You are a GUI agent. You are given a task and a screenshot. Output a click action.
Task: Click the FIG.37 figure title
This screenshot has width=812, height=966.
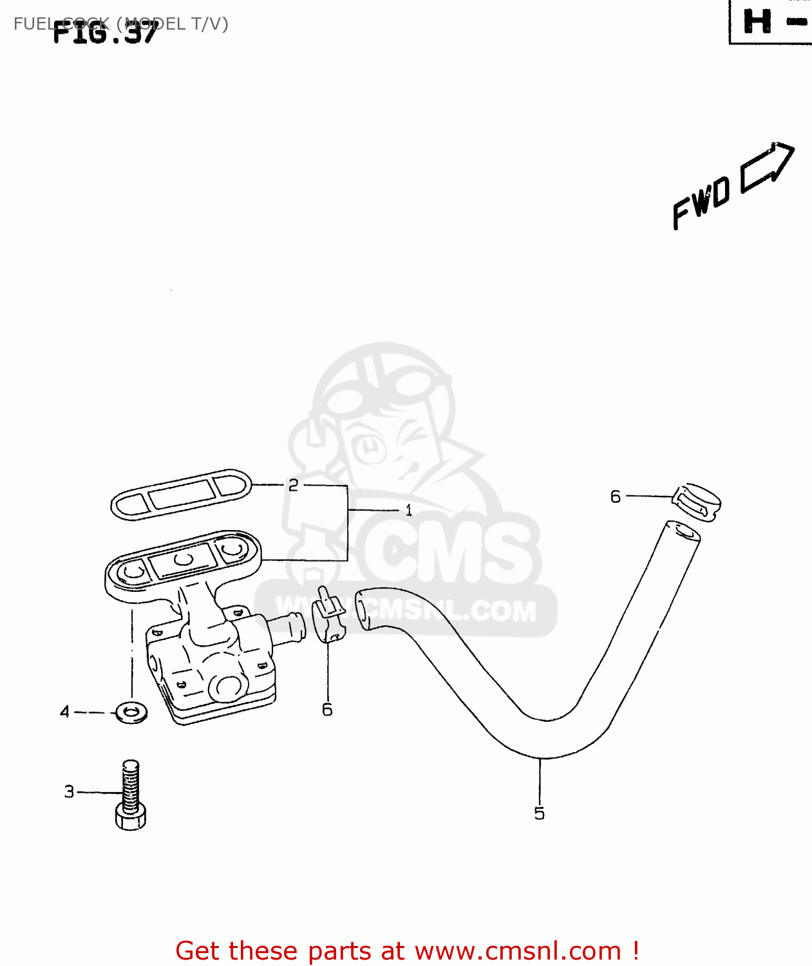click(104, 32)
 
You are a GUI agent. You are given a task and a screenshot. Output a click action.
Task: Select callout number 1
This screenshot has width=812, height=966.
click(408, 511)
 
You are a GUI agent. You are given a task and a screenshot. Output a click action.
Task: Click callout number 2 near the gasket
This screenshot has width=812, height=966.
click(293, 485)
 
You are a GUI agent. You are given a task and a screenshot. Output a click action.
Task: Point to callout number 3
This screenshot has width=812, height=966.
click(70, 791)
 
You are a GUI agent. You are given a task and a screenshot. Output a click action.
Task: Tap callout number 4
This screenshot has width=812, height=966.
click(64, 712)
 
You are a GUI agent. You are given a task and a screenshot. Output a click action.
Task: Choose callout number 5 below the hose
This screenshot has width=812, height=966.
click(540, 813)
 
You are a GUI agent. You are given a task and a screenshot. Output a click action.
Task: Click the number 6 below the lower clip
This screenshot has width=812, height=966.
click(327, 710)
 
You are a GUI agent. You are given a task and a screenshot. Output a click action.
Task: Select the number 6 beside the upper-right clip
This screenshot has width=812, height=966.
click(616, 497)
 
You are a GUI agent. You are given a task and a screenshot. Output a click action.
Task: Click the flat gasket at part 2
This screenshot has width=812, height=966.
click(181, 493)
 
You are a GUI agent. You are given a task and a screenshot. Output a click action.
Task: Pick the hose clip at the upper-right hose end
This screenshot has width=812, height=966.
click(697, 502)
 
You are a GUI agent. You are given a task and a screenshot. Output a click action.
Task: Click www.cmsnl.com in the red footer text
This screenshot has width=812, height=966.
click(517, 951)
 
